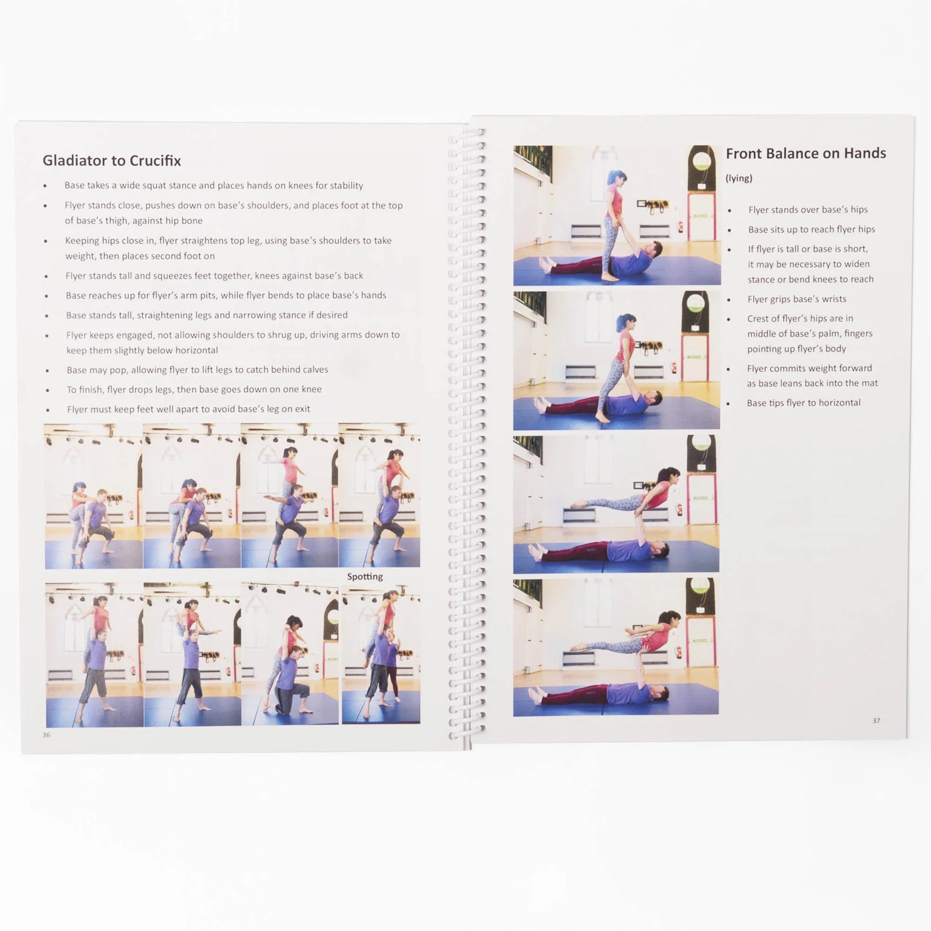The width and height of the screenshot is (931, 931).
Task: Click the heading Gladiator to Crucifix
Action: click(x=112, y=161)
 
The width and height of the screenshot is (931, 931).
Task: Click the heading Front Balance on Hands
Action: click(x=806, y=153)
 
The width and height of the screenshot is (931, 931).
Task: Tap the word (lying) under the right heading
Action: click(x=739, y=178)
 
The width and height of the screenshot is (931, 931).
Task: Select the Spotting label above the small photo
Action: click(x=365, y=576)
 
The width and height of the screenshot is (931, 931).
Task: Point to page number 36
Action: click(x=46, y=735)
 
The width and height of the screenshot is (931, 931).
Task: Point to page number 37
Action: click(x=876, y=721)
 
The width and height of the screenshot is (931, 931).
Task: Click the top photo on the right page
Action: click(x=617, y=216)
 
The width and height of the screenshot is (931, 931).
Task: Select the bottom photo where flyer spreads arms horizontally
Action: click(x=616, y=647)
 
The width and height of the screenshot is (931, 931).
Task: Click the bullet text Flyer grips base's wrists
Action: click(x=796, y=299)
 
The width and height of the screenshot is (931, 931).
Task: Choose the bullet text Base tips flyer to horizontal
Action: click(x=803, y=403)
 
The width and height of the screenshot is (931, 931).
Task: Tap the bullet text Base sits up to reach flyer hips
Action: click(x=811, y=229)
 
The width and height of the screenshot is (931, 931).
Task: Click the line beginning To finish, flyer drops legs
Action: click(x=194, y=389)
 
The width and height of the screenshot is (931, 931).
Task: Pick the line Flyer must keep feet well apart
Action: click(x=189, y=409)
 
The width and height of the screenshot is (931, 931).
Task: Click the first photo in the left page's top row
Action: click(x=94, y=496)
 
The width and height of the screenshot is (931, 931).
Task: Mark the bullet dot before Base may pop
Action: click(x=47, y=371)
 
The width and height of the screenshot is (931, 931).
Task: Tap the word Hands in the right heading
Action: click(x=866, y=153)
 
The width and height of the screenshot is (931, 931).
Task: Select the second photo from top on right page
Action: click(x=616, y=360)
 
